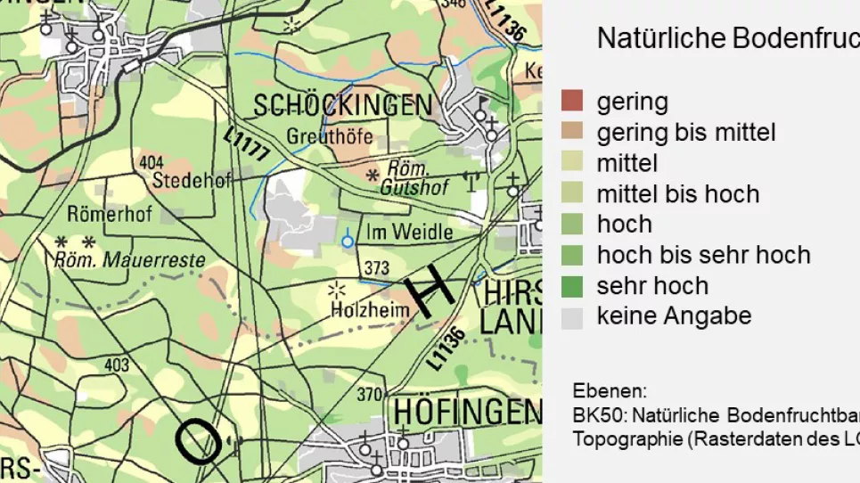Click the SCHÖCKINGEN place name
tap(342, 106)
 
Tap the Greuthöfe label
tap(330, 137)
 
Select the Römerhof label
tap(110, 214)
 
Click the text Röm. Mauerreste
tap(129, 261)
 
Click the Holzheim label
tap(370, 311)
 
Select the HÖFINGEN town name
tap(466, 412)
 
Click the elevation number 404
tap(152, 163)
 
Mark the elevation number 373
tap(377, 268)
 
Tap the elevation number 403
tap(117, 365)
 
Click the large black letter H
tap(430, 291)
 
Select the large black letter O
tap(199, 440)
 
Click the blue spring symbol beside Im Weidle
tap(348, 241)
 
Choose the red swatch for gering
tap(572, 102)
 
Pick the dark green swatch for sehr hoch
tap(572, 286)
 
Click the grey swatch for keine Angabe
tap(572, 317)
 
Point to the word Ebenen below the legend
tap(610, 391)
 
